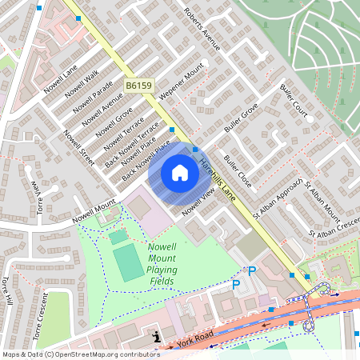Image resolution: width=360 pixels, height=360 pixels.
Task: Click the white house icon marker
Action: [x=179, y=173]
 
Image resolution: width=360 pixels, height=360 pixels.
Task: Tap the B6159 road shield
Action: [x=138, y=84]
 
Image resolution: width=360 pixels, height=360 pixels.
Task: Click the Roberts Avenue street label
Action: [x=202, y=30]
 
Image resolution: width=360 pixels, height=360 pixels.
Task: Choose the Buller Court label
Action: [x=294, y=99]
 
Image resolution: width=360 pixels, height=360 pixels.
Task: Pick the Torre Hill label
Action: [x=7, y=293]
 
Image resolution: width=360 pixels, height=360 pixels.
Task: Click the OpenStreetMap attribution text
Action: [x=81, y=354]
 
